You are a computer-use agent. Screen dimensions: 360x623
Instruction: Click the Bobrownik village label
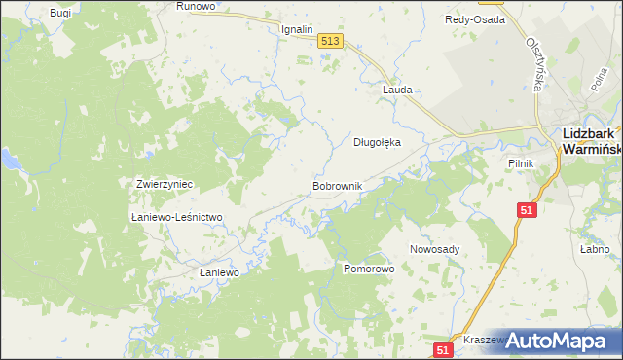click(337, 185)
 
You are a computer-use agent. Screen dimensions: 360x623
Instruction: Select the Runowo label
click(195, 6)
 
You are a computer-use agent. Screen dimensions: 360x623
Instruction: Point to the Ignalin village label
click(296, 29)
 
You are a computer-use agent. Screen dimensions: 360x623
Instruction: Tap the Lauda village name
click(397, 90)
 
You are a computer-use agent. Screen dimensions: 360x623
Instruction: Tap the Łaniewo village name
click(219, 273)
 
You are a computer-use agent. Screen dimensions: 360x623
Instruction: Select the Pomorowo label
click(368, 267)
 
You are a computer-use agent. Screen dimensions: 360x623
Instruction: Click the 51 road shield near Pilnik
click(527, 210)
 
